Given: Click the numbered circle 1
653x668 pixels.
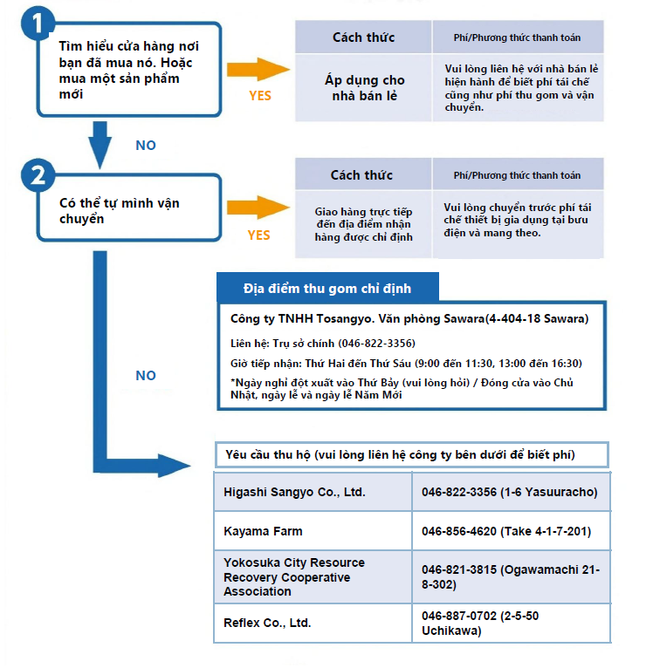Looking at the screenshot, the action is pyautogui.click(x=38, y=23).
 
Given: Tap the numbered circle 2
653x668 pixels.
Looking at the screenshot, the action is pyautogui.click(x=38, y=175).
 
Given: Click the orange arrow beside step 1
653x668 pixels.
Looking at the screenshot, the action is pyautogui.click(x=258, y=69).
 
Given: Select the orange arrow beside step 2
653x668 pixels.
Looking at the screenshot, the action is pyautogui.click(x=258, y=208).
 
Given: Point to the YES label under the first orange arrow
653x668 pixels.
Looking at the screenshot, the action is pyautogui.click(x=260, y=96).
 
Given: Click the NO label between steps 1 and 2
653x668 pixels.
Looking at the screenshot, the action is pyautogui.click(x=146, y=146).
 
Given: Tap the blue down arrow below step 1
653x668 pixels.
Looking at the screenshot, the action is pyautogui.click(x=100, y=145).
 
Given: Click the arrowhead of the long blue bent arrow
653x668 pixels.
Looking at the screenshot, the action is pyautogui.click(x=174, y=465).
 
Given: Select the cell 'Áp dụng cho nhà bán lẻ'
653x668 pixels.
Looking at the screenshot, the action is pyautogui.click(x=364, y=88).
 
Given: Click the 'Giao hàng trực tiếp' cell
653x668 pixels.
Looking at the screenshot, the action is pyautogui.click(x=364, y=224).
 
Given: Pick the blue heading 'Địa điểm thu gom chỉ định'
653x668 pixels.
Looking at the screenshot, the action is pyautogui.click(x=327, y=288).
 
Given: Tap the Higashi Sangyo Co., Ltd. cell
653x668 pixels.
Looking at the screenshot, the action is pyautogui.click(x=313, y=492).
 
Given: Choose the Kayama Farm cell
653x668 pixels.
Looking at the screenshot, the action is pyautogui.click(x=313, y=531).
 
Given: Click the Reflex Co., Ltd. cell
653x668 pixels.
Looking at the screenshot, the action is pyautogui.click(x=313, y=623).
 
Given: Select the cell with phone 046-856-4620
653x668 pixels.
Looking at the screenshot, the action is pyautogui.click(x=512, y=531).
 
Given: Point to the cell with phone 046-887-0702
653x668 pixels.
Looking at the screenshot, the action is pyautogui.click(x=512, y=623).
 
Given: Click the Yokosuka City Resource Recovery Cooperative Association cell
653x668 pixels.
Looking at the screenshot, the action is pyautogui.click(x=313, y=576).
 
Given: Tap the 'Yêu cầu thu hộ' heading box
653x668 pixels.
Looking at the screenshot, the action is pyautogui.click(x=411, y=454).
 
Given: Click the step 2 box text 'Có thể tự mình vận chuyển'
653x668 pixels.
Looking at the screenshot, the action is pyautogui.click(x=120, y=210).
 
